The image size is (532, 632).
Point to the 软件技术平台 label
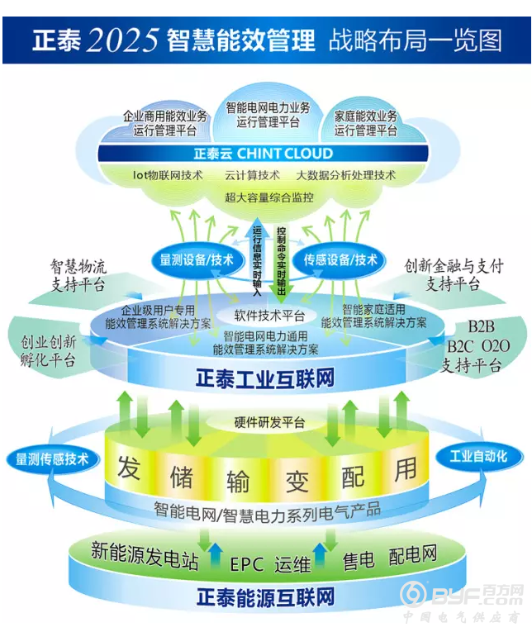point(269,316)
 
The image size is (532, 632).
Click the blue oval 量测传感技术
point(51,459)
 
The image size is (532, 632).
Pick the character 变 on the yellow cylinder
point(295,479)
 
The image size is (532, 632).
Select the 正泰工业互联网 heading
point(264,379)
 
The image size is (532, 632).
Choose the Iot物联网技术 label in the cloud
point(168,175)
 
